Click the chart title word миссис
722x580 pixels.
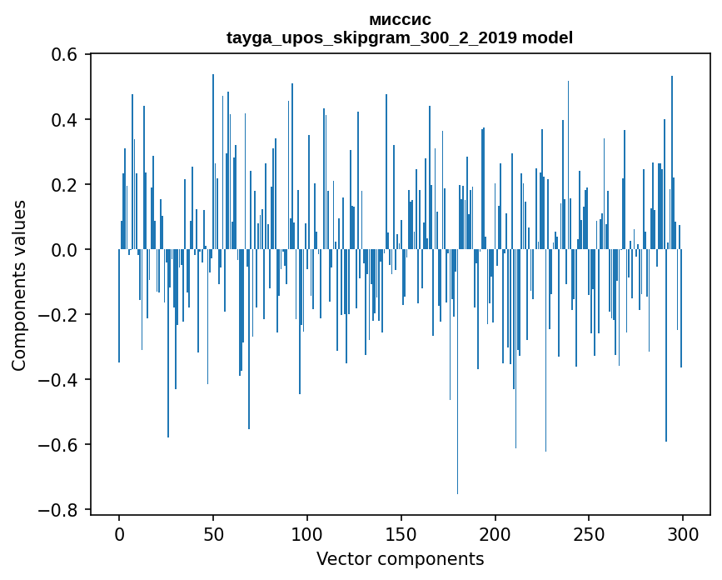tap(400, 20)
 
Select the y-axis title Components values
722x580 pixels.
tap(19, 285)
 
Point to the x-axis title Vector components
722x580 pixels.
tap(400, 558)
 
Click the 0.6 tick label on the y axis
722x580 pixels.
tap(62, 55)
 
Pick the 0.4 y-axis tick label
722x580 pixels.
tap(62, 120)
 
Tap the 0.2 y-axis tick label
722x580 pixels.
tap(62, 185)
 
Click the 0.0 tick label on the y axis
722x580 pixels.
tap(62, 250)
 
